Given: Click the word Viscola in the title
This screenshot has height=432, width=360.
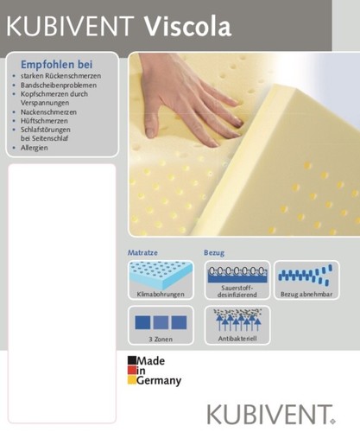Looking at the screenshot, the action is click(187, 27).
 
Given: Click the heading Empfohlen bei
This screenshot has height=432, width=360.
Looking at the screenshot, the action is click(57, 65).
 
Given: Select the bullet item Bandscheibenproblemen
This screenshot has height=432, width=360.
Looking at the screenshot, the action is click(59, 86).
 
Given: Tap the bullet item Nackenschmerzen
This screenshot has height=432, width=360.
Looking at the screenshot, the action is click(48, 112).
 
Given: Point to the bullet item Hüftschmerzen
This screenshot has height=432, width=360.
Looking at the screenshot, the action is click(44, 121).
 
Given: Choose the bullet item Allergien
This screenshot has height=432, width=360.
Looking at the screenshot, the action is click(34, 148).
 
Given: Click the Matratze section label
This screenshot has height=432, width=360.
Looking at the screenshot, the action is click(142, 252).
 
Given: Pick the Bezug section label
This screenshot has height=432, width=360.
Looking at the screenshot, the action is click(214, 253).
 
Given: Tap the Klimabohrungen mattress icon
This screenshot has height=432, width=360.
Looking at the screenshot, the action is click(161, 276).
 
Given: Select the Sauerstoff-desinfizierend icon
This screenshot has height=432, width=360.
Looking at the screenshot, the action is click(237, 275).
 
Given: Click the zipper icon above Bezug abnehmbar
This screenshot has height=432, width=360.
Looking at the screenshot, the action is click(306, 275).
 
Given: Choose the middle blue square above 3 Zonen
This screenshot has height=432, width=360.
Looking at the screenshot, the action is click(161, 322).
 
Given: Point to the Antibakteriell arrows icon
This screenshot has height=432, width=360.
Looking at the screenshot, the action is click(237, 320).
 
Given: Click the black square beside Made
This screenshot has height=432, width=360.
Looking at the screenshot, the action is click(132, 360).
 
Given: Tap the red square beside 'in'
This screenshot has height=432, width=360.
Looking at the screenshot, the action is click(132, 370).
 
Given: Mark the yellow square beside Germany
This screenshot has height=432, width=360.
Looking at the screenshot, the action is click(132, 380).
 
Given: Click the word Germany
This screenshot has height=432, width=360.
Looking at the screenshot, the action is click(159, 381).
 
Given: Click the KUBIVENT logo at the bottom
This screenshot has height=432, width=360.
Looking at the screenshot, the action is click(271, 415).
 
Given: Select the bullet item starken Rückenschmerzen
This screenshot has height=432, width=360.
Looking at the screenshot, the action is click(60, 76).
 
